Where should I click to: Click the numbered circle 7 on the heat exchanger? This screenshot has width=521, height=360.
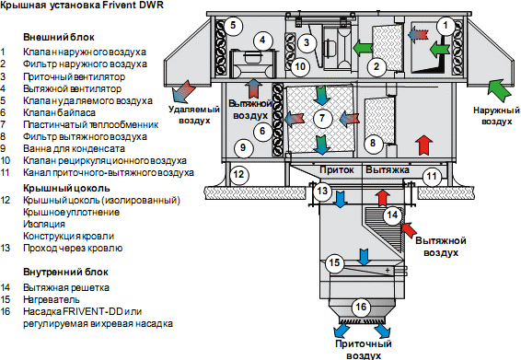point(322,118)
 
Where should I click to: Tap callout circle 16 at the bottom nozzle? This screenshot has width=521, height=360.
point(361,307)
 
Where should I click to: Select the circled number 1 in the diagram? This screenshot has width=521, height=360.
point(446,26)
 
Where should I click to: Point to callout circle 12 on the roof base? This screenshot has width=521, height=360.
point(238,174)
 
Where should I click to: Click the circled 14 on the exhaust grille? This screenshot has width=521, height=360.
point(392,215)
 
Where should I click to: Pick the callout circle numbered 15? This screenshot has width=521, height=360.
point(334,263)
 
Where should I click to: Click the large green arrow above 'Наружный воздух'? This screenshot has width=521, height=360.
point(500,89)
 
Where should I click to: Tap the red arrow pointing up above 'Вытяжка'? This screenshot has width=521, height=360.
point(423,145)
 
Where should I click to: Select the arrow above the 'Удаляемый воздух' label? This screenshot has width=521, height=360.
point(183,91)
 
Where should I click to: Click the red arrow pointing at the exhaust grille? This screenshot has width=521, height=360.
point(410,229)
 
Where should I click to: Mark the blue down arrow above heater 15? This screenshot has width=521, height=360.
point(364,257)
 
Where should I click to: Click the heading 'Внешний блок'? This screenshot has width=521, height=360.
point(59,37)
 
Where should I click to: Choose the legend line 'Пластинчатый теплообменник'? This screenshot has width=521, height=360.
point(91,124)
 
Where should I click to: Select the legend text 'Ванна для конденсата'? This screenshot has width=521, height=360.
point(74,148)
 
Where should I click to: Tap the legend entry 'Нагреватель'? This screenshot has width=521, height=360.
point(52,299)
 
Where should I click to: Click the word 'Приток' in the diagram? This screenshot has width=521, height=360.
point(337,169)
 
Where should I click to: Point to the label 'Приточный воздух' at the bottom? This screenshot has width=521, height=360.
point(364,349)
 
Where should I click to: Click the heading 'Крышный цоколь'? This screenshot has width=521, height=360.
point(66,188)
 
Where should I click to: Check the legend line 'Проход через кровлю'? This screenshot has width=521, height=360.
point(73,248)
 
